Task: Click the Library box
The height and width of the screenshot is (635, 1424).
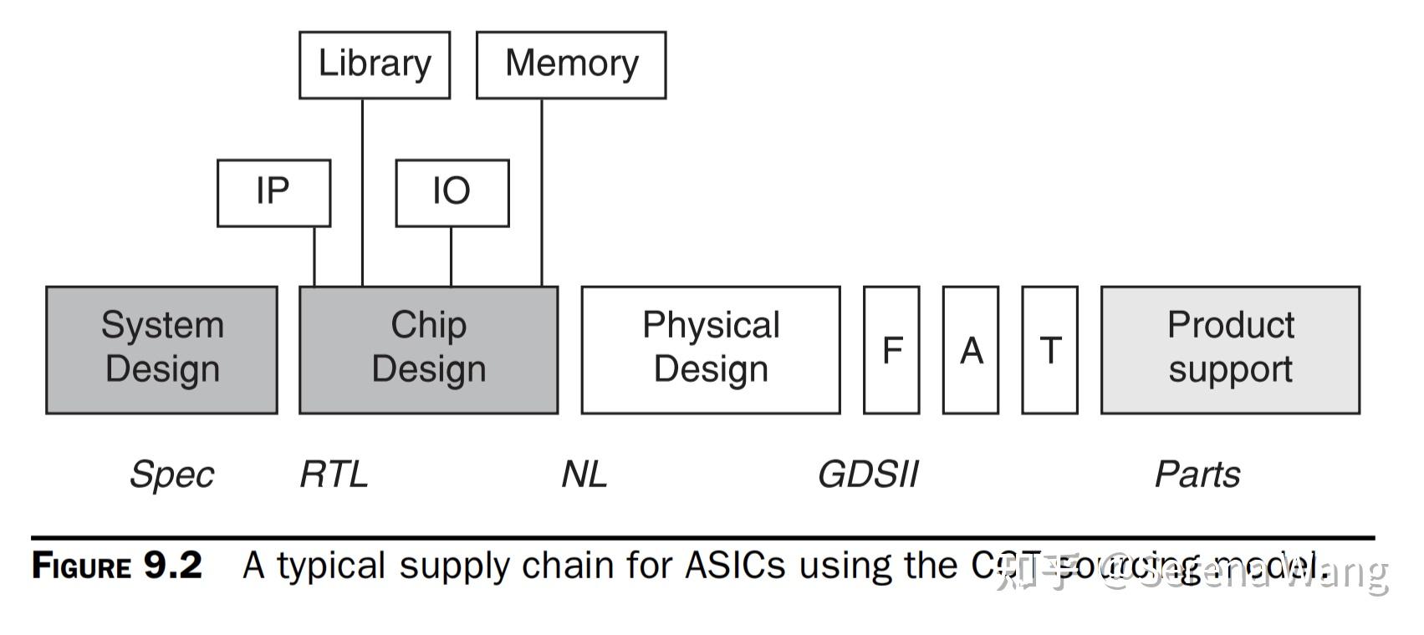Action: pyautogui.click(x=375, y=65)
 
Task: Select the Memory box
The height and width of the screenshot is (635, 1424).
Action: pyautogui.click(x=571, y=65)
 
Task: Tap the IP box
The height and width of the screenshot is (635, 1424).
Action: pyautogui.click(x=273, y=193)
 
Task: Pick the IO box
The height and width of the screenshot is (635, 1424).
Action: pyautogui.click(x=452, y=193)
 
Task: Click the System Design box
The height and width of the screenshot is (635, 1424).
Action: pyautogui.click(x=162, y=349)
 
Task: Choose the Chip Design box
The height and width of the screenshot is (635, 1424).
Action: pyautogui.click(x=428, y=349)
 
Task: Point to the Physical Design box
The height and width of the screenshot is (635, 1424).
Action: pyautogui.click(x=711, y=349)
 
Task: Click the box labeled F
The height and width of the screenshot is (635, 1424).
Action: pyautogui.click(x=891, y=349)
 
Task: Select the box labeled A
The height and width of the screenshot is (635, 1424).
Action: pyautogui.click(x=971, y=349)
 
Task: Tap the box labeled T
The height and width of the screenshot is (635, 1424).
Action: pyautogui.click(x=1050, y=349)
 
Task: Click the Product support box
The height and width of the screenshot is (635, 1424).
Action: pyautogui.click(x=1230, y=349)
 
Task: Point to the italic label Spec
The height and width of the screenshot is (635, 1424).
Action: pyautogui.click(x=171, y=475)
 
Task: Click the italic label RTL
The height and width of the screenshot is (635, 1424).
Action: pyautogui.click(x=334, y=475)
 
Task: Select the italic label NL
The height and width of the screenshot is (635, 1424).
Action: pyautogui.click(x=584, y=475)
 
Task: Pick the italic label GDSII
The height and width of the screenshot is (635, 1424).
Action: pyautogui.click(x=868, y=475)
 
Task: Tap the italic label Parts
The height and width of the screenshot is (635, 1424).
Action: pyautogui.click(x=1197, y=475)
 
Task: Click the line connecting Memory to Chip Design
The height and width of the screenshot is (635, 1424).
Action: pyautogui.click(x=542, y=192)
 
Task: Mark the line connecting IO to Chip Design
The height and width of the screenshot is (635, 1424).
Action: pyautogui.click(x=452, y=257)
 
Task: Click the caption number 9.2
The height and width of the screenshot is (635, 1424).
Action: pyautogui.click(x=173, y=566)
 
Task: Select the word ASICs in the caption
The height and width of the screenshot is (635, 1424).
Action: pyautogui.click(x=735, y=566)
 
